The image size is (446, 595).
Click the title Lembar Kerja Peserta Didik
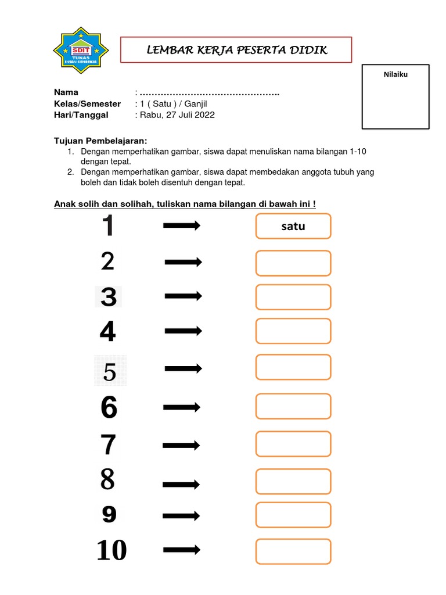point(236,50)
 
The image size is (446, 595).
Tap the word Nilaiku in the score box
point(396,74)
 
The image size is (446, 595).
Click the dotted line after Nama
point(209,93)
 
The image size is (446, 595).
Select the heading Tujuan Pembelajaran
point(100,141)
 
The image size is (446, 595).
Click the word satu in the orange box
point(293,227)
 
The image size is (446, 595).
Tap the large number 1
point(108,226)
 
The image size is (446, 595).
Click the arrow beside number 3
point(183,296)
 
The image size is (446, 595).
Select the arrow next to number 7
point(181,446)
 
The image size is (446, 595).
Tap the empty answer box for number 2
point(293,263)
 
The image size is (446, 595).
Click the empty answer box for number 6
point(293,406)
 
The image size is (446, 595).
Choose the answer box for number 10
point(293,551)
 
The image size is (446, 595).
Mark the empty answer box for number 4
point(293,331)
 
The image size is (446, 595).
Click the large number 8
point(108,480)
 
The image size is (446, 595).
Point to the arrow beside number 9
point(181,515)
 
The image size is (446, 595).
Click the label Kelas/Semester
point(87,104)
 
